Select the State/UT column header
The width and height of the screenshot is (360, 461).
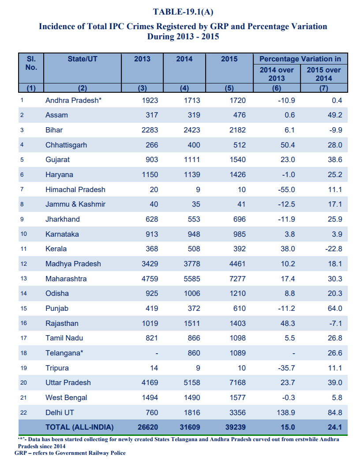coord(82,59)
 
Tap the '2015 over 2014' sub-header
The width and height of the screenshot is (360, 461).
coord(324,74)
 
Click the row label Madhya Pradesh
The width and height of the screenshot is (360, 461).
coord(73,264)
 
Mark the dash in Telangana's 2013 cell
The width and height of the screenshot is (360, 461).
coord(156,353)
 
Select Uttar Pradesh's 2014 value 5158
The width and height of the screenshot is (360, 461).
coord(191,382)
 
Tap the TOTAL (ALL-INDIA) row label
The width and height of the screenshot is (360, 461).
coord(79,427)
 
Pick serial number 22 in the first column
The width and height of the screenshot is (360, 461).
coord(24,412)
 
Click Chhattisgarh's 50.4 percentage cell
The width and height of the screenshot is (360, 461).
coord(287,145)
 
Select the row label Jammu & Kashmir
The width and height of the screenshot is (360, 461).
coord(75,204)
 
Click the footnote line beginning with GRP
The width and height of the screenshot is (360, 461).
coord(70,453)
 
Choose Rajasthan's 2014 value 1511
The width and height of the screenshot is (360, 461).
coord(191,323)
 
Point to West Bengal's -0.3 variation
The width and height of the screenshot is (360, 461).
coord(289,397)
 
